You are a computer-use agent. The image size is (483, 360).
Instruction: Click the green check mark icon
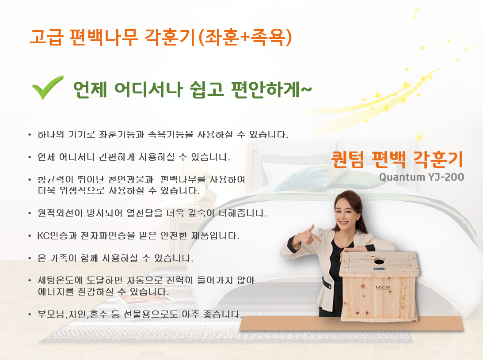[x=47, y=87]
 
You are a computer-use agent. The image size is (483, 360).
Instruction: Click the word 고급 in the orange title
[x=46, y=37]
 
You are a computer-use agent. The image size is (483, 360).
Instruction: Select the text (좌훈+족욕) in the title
[x=244, y=38]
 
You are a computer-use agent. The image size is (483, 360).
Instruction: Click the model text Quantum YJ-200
[x=422, y=177]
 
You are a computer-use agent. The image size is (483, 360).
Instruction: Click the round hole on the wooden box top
[x=379, y=262]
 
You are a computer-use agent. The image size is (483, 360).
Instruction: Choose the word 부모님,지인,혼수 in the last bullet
[x=72, y=314]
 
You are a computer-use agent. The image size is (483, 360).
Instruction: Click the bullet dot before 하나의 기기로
[x=30, y=135]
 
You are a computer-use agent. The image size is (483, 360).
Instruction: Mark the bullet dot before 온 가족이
[x=30, y=258]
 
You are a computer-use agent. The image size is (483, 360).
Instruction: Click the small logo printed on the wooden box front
[x=383, y=287]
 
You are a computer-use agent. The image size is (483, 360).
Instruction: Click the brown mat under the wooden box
[x=352, y=324]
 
